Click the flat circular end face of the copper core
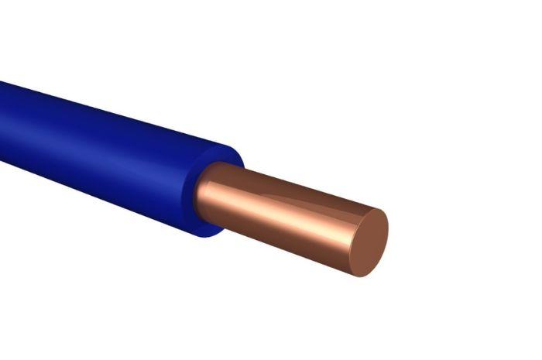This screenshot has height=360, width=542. pos(369,242)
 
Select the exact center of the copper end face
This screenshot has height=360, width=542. pos(369,242)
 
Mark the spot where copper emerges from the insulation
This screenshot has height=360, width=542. pos(203,194)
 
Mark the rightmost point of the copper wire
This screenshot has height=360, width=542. pos(388,232)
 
